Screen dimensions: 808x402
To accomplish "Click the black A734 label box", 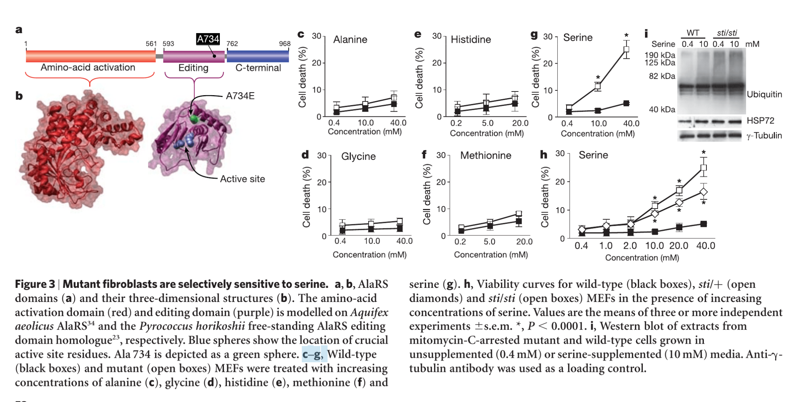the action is coord(208,39).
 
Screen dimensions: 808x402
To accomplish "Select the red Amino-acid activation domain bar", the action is coord(90,56).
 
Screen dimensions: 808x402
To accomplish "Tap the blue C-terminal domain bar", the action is coord(258,56).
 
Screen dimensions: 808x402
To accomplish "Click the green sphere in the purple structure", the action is coord(194,119).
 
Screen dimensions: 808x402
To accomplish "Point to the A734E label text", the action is coord(240,96).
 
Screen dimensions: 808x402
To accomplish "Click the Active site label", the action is coord(243,179).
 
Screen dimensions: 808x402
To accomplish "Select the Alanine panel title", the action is coord(350,39).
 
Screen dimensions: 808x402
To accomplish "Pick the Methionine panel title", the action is coord(486,155).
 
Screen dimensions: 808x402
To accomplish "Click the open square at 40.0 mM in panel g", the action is coord(626,49).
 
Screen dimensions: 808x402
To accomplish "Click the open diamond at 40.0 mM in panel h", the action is coord(703,192).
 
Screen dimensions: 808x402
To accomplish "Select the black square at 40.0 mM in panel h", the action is coord(703,224).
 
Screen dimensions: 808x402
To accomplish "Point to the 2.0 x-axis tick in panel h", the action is coord(630,246).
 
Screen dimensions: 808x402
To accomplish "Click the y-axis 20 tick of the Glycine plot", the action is coord(321,182).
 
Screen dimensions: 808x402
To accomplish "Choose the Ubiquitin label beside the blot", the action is coord(764,94).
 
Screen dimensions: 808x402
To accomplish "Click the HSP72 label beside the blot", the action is coord(760,120).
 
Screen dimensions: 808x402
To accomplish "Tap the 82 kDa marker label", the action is coord(662,76).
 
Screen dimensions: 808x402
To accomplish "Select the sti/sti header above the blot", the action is coord(727,33).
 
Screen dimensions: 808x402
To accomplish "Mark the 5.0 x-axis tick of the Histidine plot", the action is coord(488,123).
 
